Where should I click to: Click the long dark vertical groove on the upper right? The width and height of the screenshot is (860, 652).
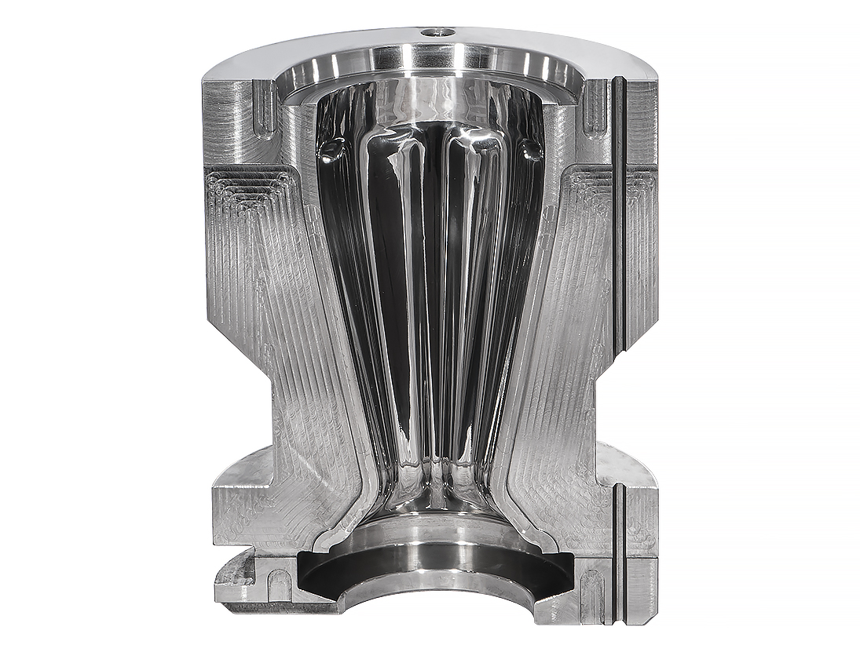[x=619, y=212]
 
